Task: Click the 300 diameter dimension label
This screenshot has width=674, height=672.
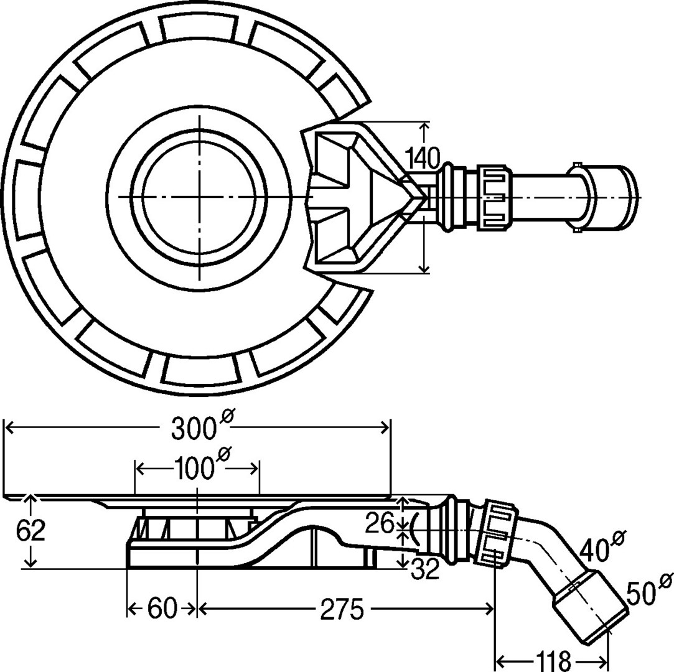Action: click(194, 429)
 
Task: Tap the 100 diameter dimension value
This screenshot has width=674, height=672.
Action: click(194, 469)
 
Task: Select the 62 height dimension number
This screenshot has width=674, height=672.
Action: click(30, 531)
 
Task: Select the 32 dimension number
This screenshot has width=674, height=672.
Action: click(425, 568)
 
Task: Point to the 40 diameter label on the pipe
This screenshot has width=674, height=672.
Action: click(594, 548)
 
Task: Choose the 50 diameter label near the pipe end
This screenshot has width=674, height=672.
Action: click(642, 592)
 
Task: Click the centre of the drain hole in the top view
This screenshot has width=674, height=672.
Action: click(199, 197)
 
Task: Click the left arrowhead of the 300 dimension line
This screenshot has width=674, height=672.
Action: click(7, 427)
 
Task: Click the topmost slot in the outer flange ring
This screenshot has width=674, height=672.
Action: click(199, 26)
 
